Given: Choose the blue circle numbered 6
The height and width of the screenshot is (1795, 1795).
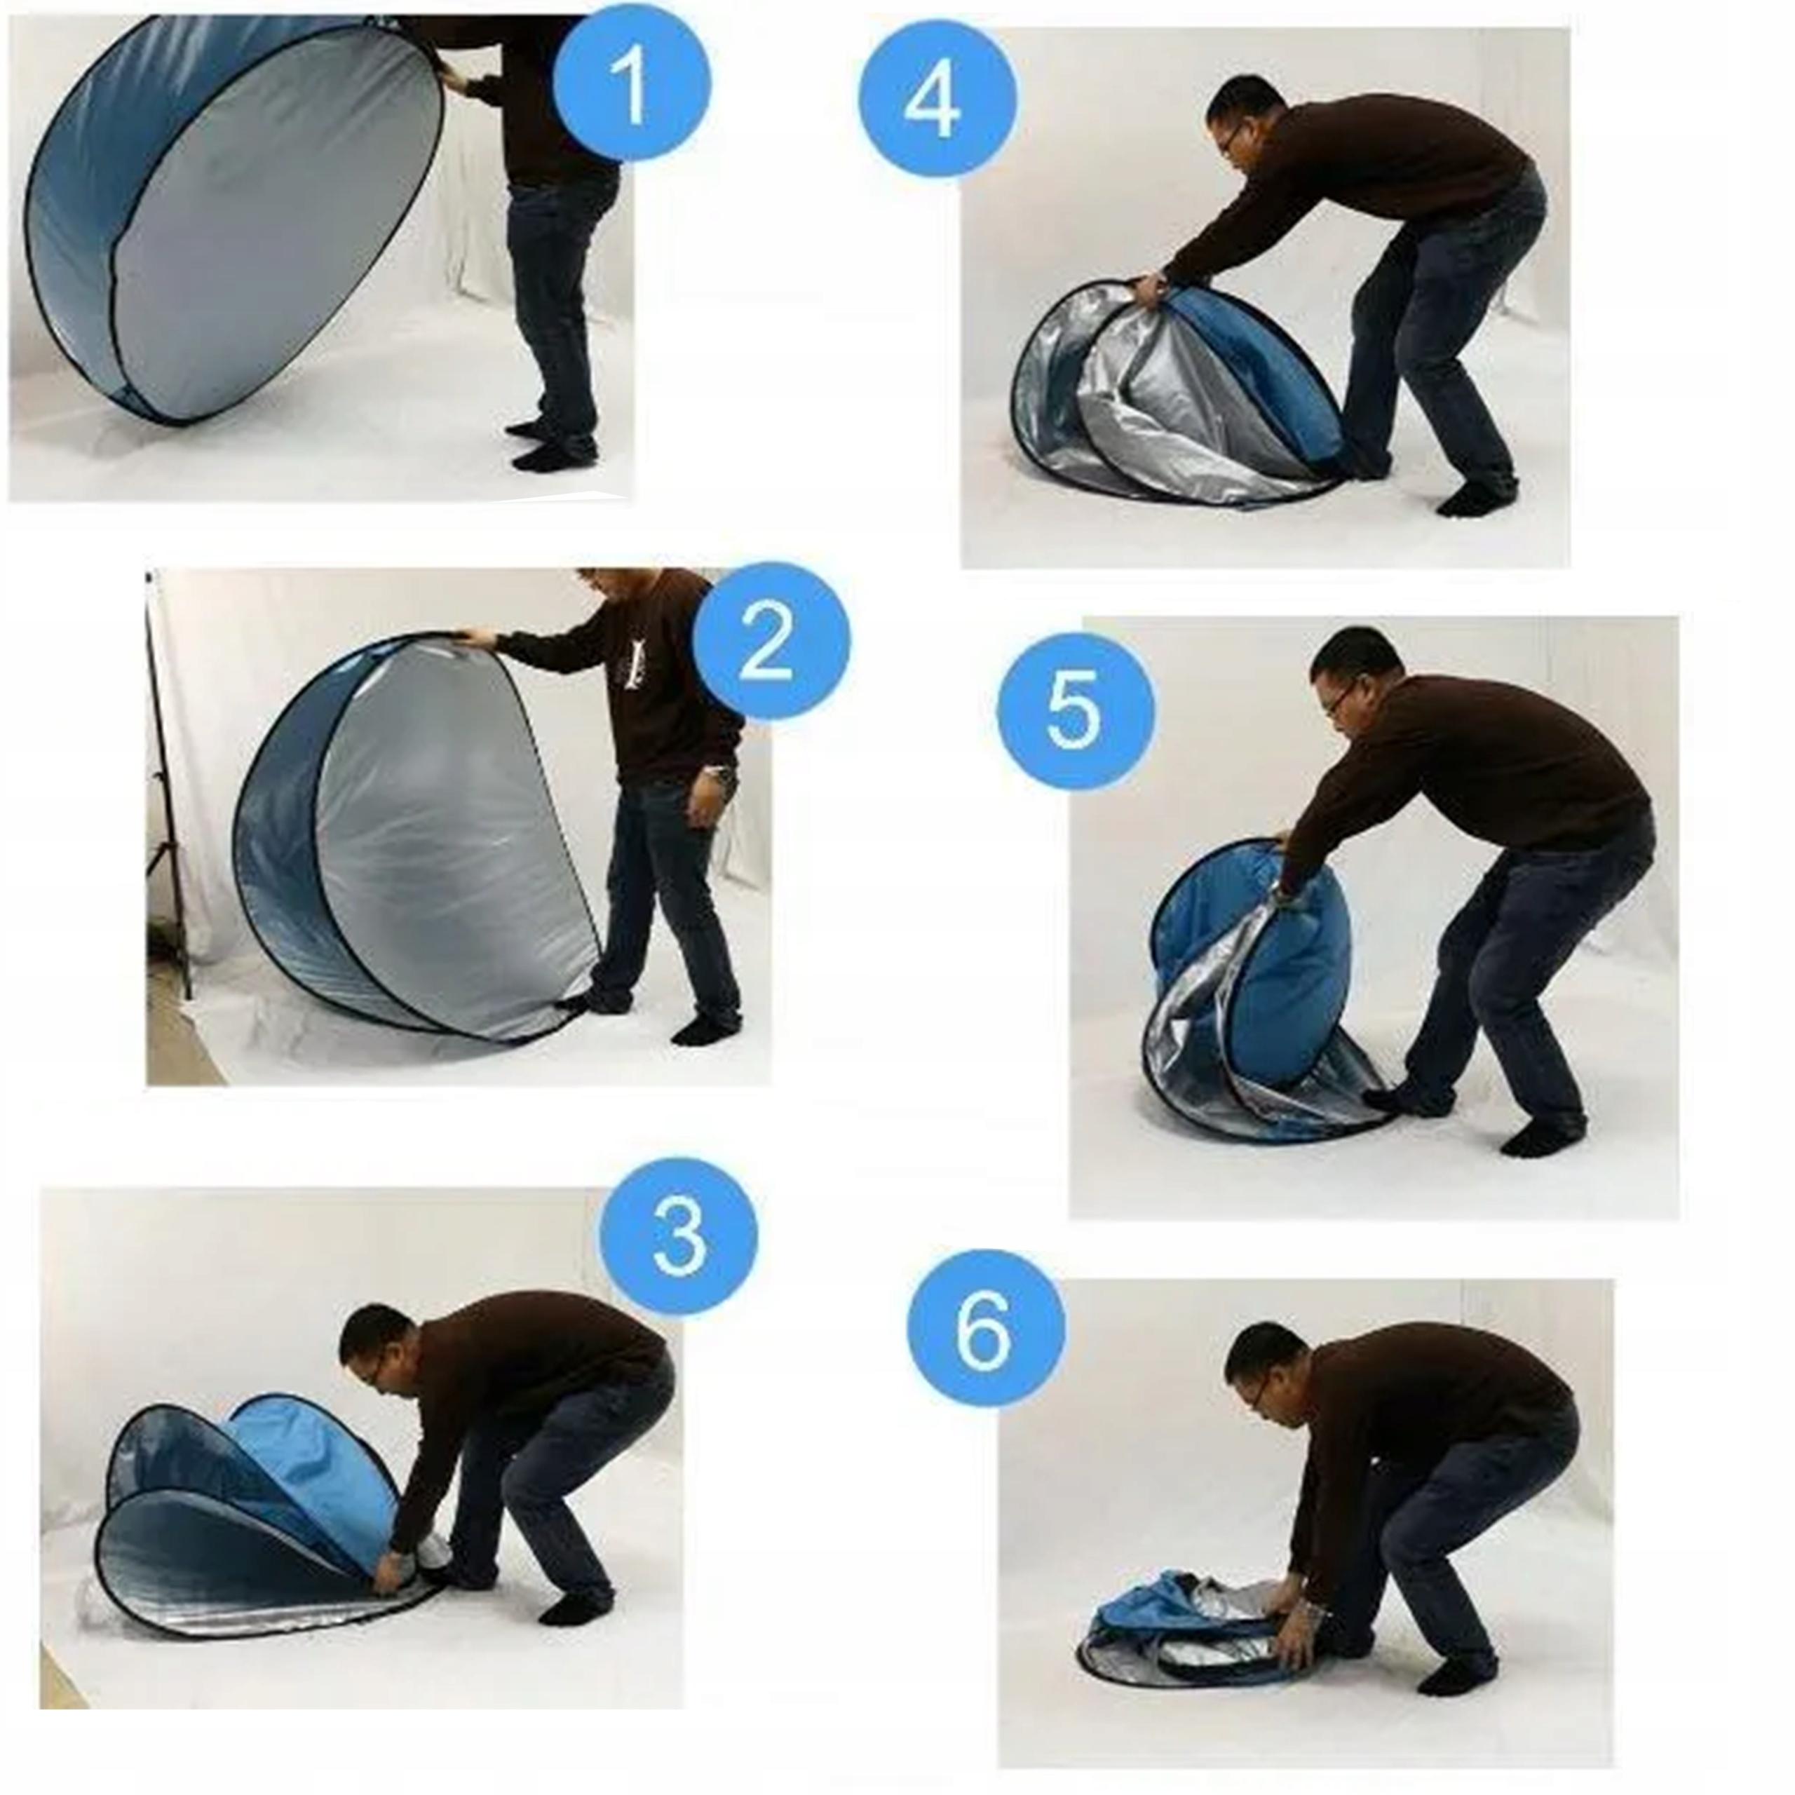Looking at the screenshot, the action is (987, 1329).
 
